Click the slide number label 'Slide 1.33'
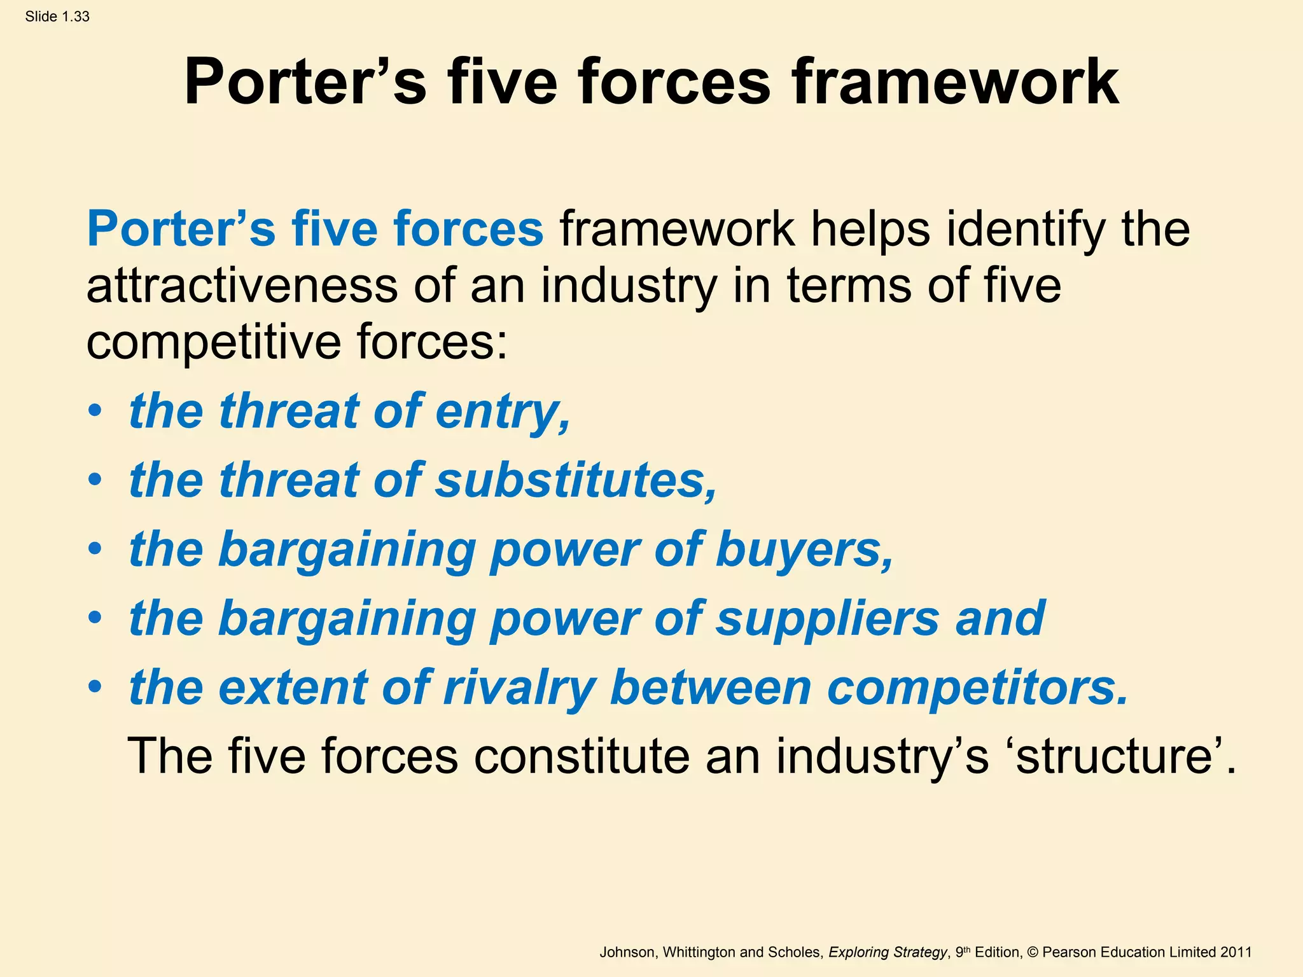[x=57, y=17]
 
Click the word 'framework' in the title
[x=955, y=83]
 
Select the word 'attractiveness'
[x=242, y=286]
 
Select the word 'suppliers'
[x=826, y=619]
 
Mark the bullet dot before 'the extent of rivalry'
[x=95, y=687]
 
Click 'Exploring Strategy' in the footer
[x=887, y=952]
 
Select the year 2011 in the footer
[x=1236, y=952]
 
